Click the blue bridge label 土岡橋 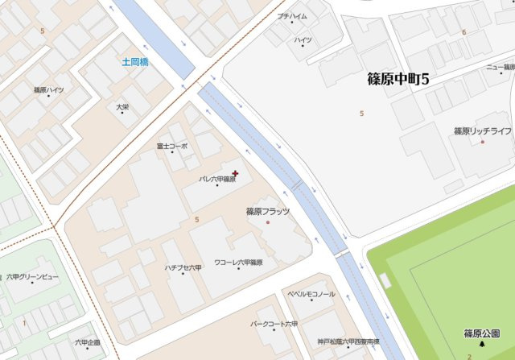point(135,61)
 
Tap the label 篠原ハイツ point(48,90)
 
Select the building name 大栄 point(122,106)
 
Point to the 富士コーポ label point(172,147)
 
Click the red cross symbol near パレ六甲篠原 point(235,172)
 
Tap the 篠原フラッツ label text point(268,212)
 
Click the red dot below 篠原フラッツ point(268,222)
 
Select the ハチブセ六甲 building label point(183,267)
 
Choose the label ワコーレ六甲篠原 point(239,263)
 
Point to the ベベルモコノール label point(311,295)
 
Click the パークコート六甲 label point(274,324)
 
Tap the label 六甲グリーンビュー point(33,277)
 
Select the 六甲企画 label point(88,342)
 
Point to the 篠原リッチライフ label point(482,131)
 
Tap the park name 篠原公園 point(482,333)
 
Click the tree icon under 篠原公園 point(482,344)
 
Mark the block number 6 point(463,32)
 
